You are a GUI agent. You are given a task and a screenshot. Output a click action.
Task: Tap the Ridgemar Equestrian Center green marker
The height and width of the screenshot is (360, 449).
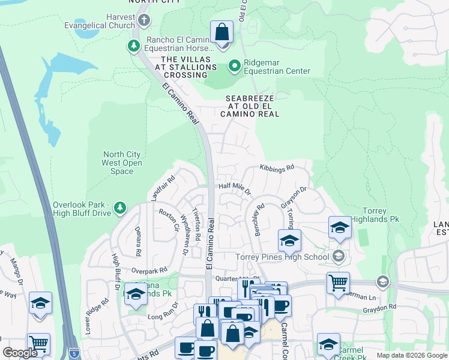click(234, 65)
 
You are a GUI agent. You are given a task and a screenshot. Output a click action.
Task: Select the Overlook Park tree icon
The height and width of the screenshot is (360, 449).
click(121, 208)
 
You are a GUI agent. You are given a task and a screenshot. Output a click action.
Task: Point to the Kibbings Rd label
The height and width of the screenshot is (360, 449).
click(277, 168)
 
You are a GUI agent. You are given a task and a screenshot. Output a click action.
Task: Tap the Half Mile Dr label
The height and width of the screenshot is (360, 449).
click(234, 188)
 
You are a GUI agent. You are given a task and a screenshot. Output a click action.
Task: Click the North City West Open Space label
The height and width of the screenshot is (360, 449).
click(122, 163)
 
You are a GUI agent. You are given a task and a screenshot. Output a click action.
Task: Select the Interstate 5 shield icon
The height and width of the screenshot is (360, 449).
click(73, 353)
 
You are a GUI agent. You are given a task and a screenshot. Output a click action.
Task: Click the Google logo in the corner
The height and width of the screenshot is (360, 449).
click(20, 352)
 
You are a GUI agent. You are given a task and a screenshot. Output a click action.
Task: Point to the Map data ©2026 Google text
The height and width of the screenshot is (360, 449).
click(411, 355)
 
